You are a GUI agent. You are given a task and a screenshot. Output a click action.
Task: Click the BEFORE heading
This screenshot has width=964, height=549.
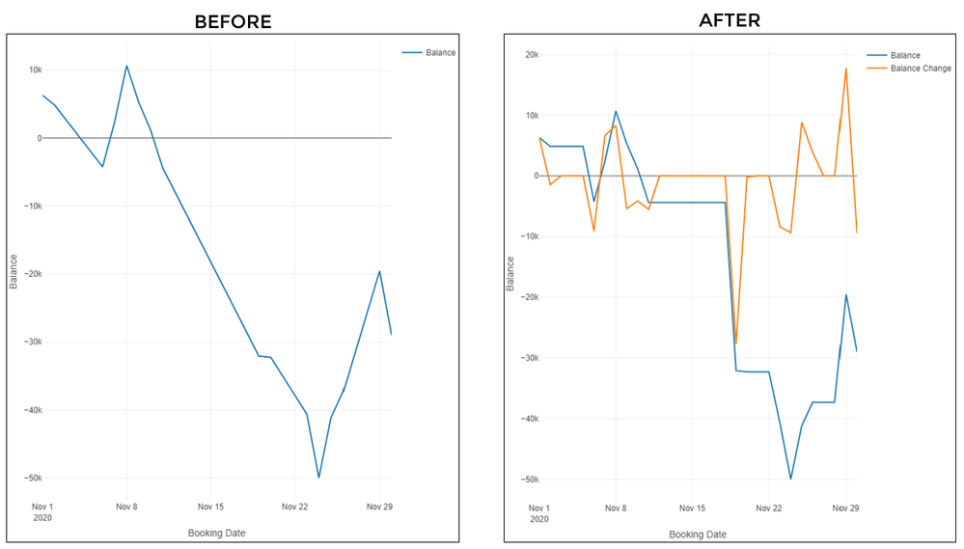coord(233,20)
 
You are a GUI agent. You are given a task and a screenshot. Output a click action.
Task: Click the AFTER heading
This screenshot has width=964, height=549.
coord(731,18)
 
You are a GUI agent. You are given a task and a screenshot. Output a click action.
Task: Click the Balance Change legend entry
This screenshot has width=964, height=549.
coord(920,69)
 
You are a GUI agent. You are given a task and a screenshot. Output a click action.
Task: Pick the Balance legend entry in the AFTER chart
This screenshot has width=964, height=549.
coord(904,56)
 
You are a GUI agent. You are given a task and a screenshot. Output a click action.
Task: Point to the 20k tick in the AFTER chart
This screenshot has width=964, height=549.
coord(531,54)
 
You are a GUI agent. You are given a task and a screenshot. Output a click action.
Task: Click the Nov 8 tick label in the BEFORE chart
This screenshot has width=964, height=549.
coord(126,507)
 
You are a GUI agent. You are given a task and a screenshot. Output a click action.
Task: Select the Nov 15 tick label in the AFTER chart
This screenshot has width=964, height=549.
coord(691,508)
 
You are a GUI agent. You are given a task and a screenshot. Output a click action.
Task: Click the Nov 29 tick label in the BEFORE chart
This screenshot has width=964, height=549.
coord(379,507)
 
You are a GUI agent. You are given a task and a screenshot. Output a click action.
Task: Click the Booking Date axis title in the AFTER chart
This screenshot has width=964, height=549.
coord(698,534)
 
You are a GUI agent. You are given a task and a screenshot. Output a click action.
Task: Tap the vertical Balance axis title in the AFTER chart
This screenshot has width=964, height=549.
coord(510,273)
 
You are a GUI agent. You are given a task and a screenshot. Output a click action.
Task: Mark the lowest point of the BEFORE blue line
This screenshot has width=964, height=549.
coord(318,478)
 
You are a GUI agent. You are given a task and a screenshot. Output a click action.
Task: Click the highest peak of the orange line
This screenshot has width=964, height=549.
coord(846,69)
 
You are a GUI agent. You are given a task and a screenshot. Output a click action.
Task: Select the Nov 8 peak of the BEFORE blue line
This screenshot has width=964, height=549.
coord(126,66)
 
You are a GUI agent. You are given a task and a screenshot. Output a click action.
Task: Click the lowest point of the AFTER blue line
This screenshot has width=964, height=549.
coord(790,480)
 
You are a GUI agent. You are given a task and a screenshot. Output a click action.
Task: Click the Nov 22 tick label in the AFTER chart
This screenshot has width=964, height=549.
coord(768,508)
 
